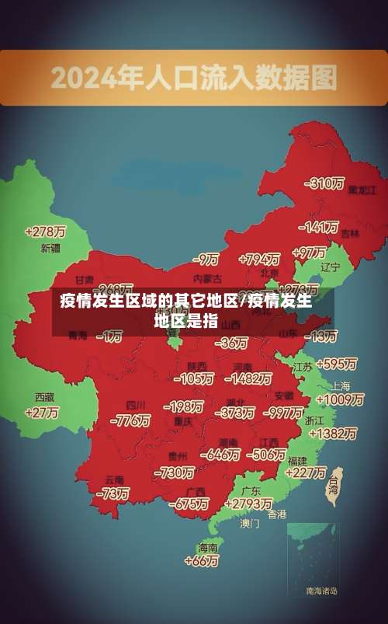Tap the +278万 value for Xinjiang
[45, 232]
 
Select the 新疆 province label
[50, 249]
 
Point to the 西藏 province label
[44, 396]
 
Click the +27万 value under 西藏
[42, 413]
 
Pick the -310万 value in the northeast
[324, 183]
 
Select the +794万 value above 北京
[259, 258]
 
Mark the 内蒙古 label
[206, 277]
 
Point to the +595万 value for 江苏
[337, 364]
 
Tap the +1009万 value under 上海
[341, 399]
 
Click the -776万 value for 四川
[130, 420]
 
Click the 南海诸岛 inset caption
[321, 591]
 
